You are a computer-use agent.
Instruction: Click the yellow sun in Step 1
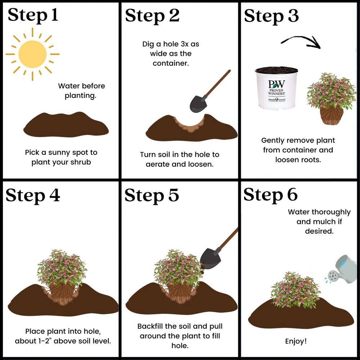[x=32, y=54]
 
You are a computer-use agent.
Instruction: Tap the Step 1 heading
[x=33, y=15]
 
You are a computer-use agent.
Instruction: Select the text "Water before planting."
[x=81, y=91]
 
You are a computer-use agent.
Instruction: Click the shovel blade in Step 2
[x=198, y=104]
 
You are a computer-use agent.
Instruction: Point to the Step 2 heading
[x=152, y=16]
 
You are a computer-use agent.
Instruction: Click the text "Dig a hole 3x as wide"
[x=171, y=49]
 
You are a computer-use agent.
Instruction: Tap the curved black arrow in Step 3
[x=301, y=42]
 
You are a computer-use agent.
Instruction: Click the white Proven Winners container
[x=276, y=88]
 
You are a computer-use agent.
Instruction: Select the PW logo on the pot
[x=276, y=84]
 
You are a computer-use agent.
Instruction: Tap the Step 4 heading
[x=33, y=195]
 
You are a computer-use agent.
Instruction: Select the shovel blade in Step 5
[x=210, y=259]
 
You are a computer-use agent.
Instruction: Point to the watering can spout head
[x=333, y=276]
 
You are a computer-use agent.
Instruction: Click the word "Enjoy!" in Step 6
[x=296, y=341]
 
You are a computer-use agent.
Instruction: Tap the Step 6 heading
[x=271, y=195]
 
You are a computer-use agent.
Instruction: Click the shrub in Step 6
[x=295, y=290]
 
